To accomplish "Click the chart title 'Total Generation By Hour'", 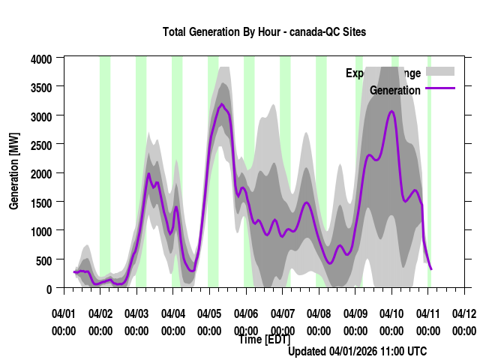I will [x=264, y=32].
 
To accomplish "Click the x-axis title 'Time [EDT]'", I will [x=264, y=339].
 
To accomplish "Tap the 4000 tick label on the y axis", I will [x=42, y=58].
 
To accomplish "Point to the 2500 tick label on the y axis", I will [x=42, y=145].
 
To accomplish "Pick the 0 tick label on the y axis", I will [x=49, y=288].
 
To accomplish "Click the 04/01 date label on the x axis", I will [x=64, y=313].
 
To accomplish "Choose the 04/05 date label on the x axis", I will [x=209, y=313].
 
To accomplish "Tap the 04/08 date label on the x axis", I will [x=319, y=313].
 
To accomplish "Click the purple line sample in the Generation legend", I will [x=440, y=89].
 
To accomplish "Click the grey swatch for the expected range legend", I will [x=440, y=71].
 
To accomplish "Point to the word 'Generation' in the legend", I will [x=395, y=90].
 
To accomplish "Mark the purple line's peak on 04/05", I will [x=222, y=104].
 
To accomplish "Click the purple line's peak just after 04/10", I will [x=391, y=111].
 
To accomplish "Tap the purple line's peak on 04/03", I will [x=148, y=174].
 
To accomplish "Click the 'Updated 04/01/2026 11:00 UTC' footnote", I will [x=357, y=351].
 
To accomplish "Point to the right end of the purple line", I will [x=431, y=268].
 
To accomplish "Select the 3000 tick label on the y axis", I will [x=42, y=116].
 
